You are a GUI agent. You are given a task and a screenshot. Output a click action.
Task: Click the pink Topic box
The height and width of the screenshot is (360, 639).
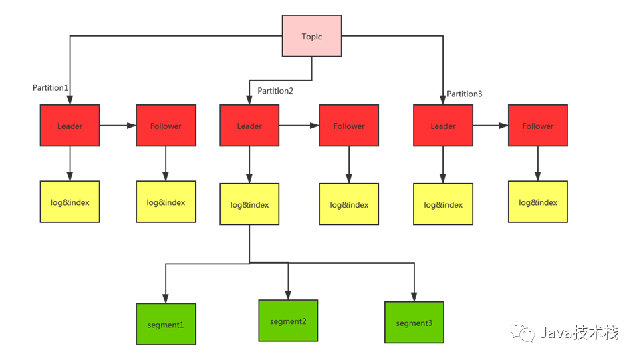[311, 36]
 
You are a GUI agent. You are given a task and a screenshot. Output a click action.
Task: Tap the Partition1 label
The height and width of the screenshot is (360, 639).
[50, 88]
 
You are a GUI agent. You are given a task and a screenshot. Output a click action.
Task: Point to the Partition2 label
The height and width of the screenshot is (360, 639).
[275, 91]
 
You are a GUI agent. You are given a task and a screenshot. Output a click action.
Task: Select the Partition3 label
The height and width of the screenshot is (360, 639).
[464, 94]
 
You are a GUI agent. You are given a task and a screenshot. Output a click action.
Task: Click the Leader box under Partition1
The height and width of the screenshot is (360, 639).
[70, 126]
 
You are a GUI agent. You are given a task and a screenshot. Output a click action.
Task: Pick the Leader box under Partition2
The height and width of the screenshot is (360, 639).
[249, 126]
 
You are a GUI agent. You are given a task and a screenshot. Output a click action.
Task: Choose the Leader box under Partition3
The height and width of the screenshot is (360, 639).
[443, 126]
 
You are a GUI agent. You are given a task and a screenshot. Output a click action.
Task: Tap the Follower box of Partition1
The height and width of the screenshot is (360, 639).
[166, 126]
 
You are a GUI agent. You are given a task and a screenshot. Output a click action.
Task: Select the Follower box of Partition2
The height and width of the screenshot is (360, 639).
[349, 126]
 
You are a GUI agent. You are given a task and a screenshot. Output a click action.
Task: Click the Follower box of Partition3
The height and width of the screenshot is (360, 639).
[538, 126]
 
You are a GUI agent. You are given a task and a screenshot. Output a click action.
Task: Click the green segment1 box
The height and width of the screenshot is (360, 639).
[166, 324]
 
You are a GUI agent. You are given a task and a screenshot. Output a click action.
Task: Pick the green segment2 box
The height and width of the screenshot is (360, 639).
[288, 321]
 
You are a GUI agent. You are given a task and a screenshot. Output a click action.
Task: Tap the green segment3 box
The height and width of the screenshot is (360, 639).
[414, 323]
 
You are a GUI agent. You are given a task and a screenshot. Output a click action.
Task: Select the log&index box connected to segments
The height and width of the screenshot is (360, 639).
[249, 204]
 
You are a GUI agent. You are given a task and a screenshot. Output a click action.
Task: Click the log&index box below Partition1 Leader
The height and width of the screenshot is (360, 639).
[70, 202]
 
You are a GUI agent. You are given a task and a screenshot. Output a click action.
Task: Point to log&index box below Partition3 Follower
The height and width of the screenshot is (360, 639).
[538, 202]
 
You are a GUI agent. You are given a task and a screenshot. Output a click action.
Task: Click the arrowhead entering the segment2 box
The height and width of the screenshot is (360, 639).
[288, 295]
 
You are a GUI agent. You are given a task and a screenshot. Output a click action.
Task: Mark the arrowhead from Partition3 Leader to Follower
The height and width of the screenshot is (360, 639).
[504, 126]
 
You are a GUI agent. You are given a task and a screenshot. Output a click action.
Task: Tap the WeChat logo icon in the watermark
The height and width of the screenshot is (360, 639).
[523, 332]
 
